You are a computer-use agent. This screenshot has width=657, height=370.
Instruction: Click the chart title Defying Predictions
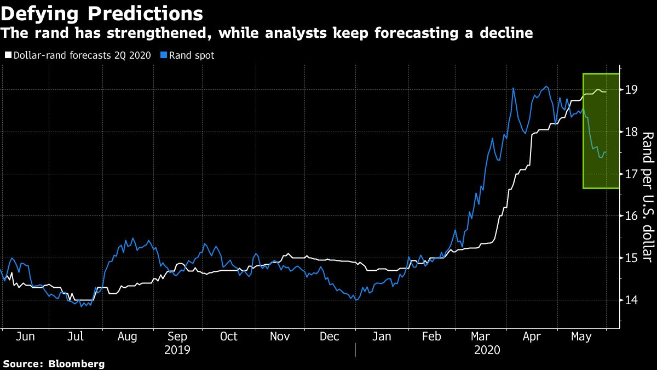tap(102, 13)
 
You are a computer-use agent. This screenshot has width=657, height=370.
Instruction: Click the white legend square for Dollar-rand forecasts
tap(8, 55)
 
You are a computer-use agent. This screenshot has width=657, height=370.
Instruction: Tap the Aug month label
tap(128, 337)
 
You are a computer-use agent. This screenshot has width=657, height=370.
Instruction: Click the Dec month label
tap(330, 337)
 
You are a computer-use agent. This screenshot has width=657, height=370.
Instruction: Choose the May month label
tap(581, 337)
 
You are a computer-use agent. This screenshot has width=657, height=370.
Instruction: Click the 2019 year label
tap(178, 349)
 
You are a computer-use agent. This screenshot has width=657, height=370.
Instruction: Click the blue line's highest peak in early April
tap(513, 88)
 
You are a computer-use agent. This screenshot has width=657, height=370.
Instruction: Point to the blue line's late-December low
tap(356, 300)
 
